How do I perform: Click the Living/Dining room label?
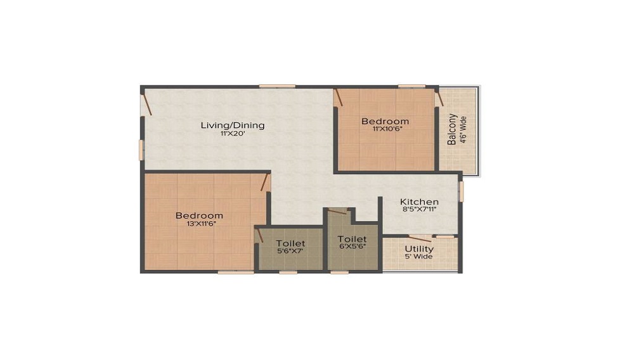coord(232,125)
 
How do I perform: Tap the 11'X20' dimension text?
coord(232,134)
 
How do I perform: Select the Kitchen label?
coord(420,202)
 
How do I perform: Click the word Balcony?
coord(452,129)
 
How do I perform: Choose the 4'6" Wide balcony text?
coord(463,129)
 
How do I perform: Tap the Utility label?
coord(418,248)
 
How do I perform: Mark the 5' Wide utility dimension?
coord(418,257)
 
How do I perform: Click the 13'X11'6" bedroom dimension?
coord(199,224)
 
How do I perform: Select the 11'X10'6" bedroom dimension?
coord(385,129)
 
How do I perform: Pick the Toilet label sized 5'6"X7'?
coord(290,243)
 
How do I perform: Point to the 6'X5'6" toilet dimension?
coord(352,247)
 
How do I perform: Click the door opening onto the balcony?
coord(439,98)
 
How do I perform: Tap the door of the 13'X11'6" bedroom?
coord(266,183)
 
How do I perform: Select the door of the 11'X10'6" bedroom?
coord(339,98)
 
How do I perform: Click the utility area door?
coord(420,238)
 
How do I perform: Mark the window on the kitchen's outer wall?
coord(461,191)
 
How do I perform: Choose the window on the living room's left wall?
coord(141,150)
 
